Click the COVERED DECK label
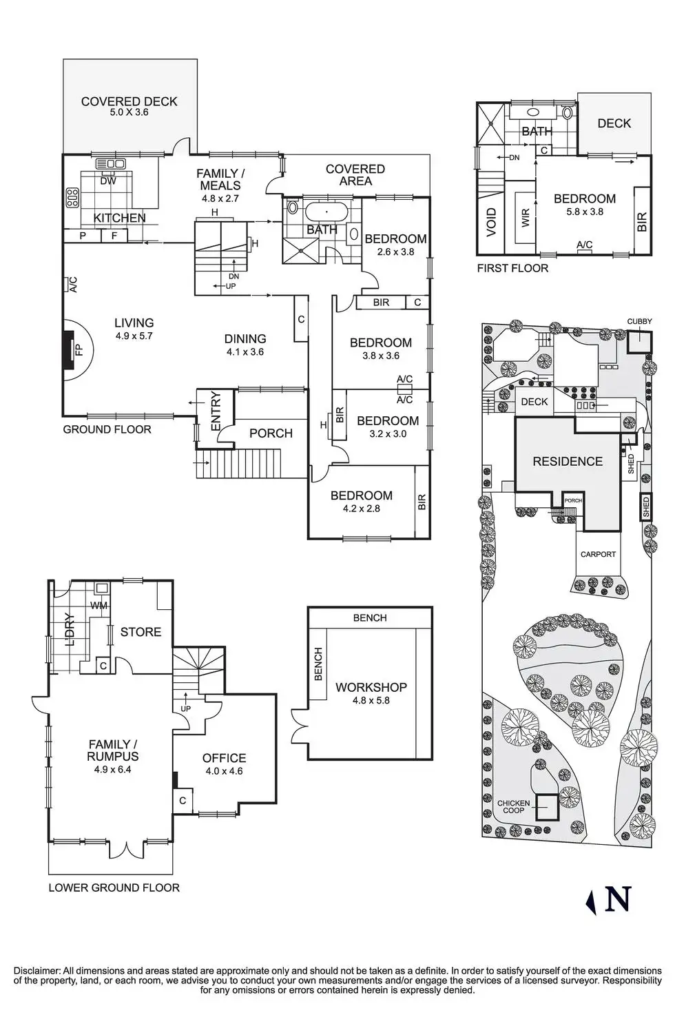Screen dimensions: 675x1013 [129, 101]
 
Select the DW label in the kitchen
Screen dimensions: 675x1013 [108, 181]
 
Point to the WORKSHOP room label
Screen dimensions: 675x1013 [371, 687]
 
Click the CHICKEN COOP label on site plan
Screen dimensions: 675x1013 [513, 807]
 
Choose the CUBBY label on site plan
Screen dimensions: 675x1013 [638, 322]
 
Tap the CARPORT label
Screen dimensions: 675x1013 [598, 554]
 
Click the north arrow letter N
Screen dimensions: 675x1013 [618, 899]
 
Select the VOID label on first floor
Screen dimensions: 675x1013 [491, 223]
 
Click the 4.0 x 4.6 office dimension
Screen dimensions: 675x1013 [224, 771]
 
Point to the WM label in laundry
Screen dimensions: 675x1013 [98, 606]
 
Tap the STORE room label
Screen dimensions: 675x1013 [141, 632]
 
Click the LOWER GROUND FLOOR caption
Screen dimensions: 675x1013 [114, 888]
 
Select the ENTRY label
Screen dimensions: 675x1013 [216, 411]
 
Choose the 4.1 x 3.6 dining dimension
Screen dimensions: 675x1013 [245, 352]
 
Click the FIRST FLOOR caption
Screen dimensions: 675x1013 [512, 268]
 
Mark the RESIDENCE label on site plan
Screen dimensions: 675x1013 [568, 462]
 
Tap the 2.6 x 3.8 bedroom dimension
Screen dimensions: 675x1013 [395, 252]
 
